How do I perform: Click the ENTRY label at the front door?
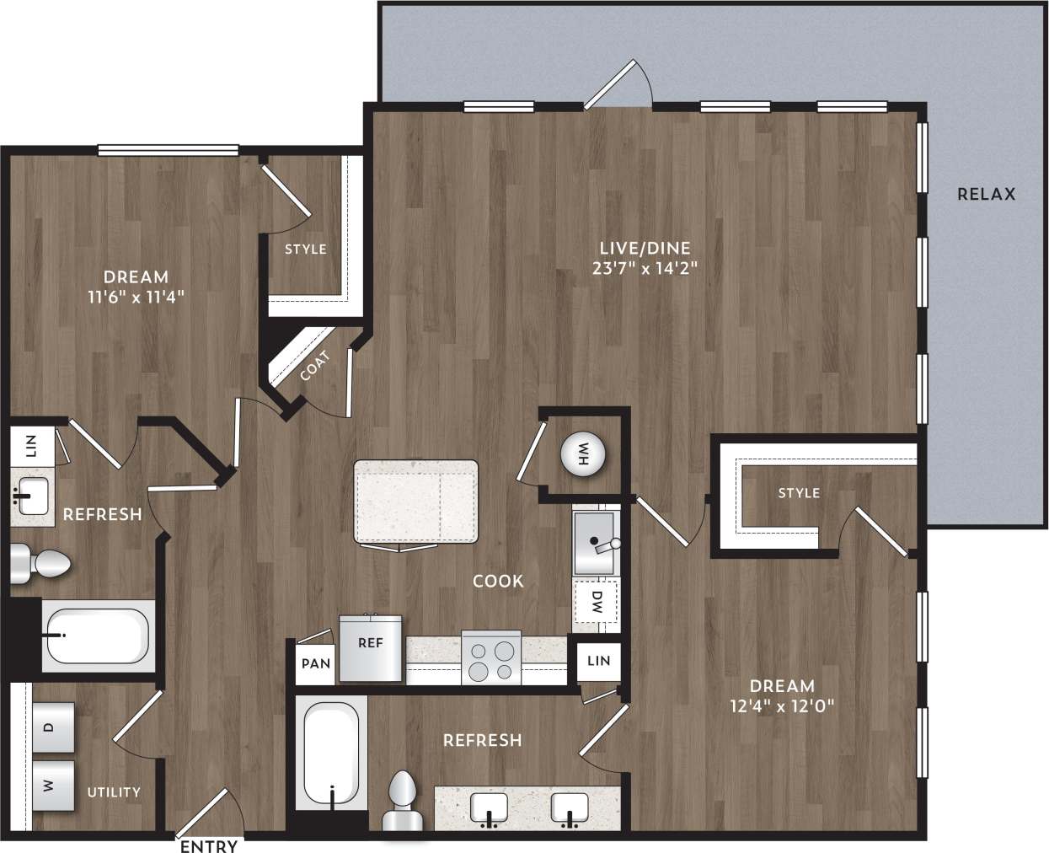tap(208, 845)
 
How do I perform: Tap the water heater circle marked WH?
tap(583, 455)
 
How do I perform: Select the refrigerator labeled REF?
tap(370, 647)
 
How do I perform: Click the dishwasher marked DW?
tap(597, 602)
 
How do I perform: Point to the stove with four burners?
tap(491, 660)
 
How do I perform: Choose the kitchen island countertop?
tap(416, 502)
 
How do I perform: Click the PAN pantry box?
tap(316, 663)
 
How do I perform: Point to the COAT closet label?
tap(314, 365)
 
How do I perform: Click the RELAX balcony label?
tap(986, 194)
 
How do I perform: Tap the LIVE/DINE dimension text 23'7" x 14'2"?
tap(645, 269)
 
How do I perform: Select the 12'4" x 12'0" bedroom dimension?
tap(782, 706)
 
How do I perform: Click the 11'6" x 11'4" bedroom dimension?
tap(136, 297)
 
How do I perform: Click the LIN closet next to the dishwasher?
tap(598, 660)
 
